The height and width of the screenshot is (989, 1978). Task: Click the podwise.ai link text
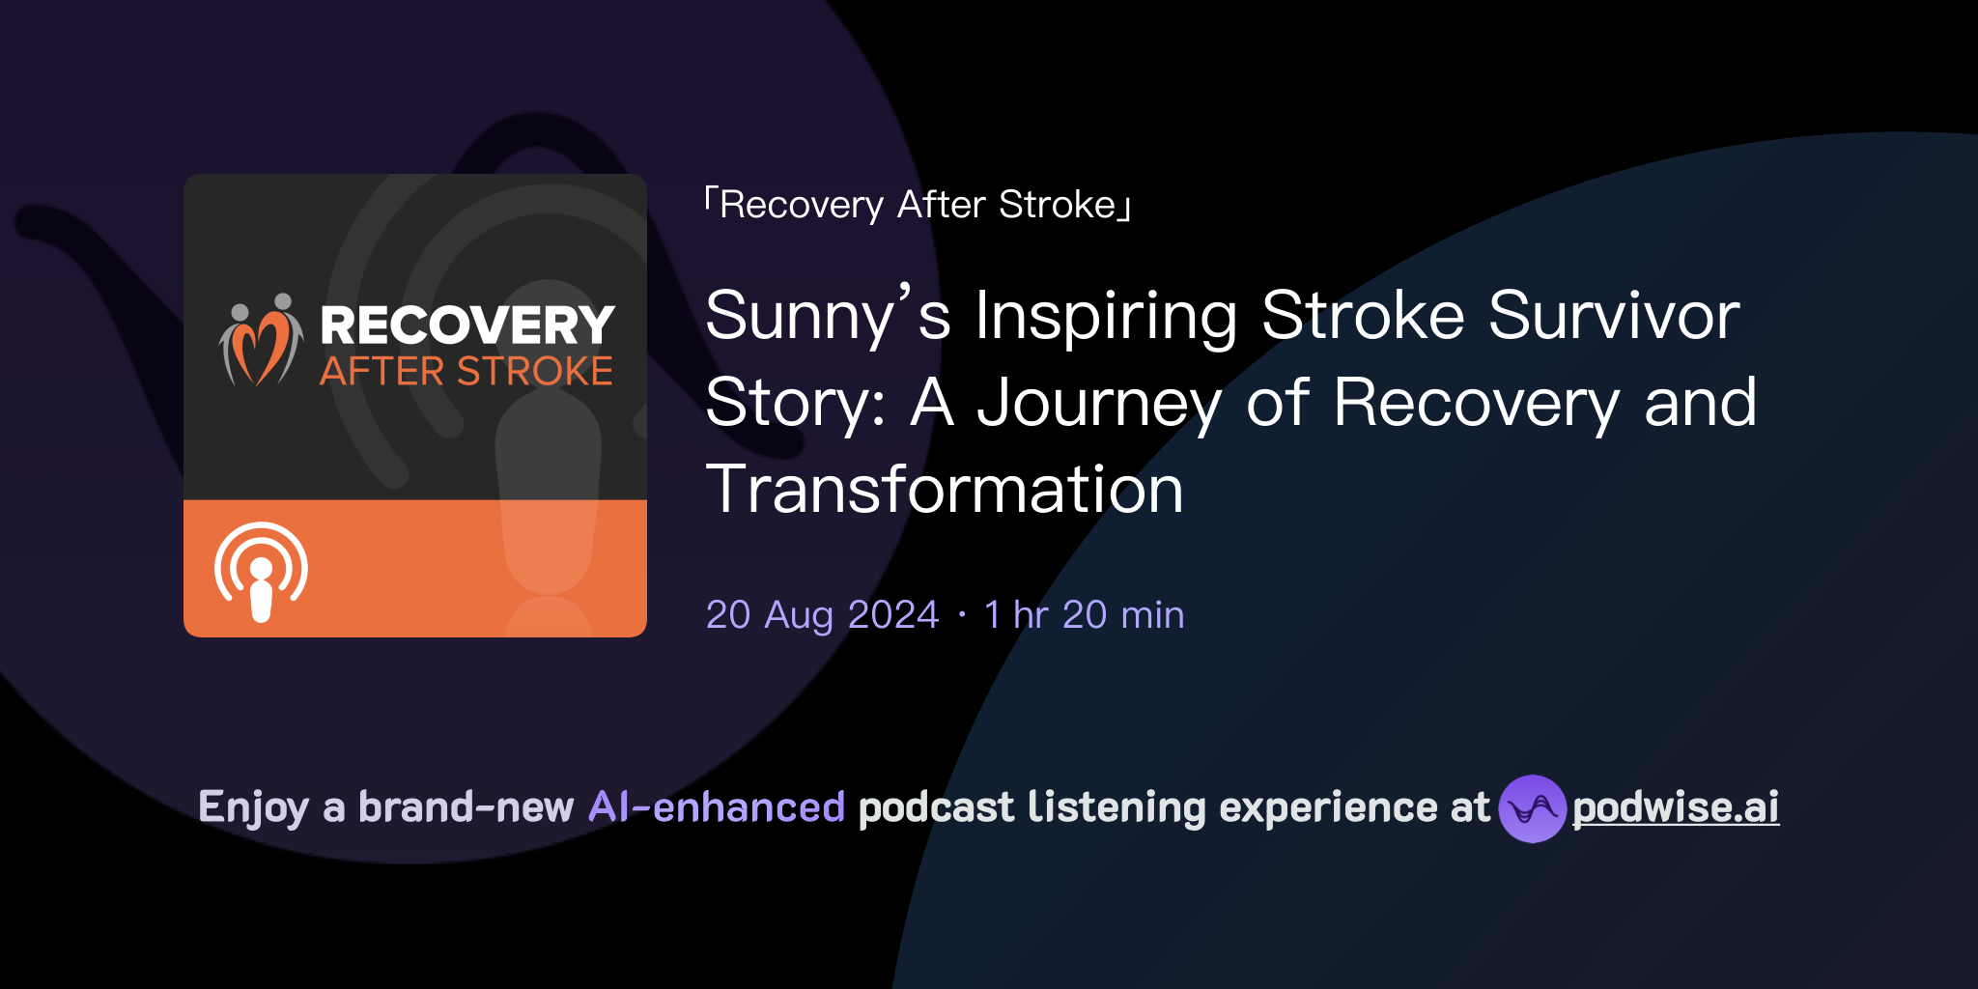pyautogui.click(x=1676, y=807)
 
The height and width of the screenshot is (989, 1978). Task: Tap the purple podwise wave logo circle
pyautogui.click(x=1532, y=808)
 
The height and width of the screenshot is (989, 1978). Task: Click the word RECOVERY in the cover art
pyautogui.click(x=467, y=325)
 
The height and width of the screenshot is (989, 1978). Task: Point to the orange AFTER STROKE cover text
pyautogui.click(x=466, y=372)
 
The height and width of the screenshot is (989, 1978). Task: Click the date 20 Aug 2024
pyautogui.click(x=822, y=615)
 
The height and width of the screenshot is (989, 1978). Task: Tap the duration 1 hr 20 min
pyautogui.click(x=1084, y=615)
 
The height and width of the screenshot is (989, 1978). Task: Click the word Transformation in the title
pyautogui.click(x=945, y=490)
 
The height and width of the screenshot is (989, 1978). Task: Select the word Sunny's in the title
pyautogui.click(x=828, y=316)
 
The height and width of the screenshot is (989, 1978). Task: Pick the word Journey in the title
pyautogui.click(x=1100, y=403)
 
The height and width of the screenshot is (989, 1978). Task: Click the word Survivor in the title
pyautogui.click(x=1614, y=316)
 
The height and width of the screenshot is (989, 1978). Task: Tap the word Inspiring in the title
pyautogui.click(x=1106, y=316)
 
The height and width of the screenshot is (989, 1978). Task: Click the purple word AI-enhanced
pyautogui.click(x=717, y=807)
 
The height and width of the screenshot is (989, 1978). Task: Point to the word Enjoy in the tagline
pyautogui.click(x=253, y=807)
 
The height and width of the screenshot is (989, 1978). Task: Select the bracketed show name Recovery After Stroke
pyautogui.click(x=918, y=205)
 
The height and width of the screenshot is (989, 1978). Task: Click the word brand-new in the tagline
pyautogui.click(x=466, y=807)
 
